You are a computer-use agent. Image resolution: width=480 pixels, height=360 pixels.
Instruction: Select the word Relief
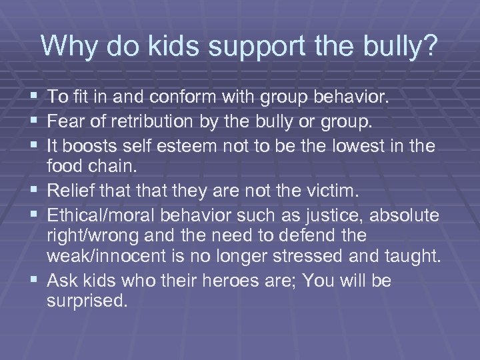pyautogui.click(x=71, y=192)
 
